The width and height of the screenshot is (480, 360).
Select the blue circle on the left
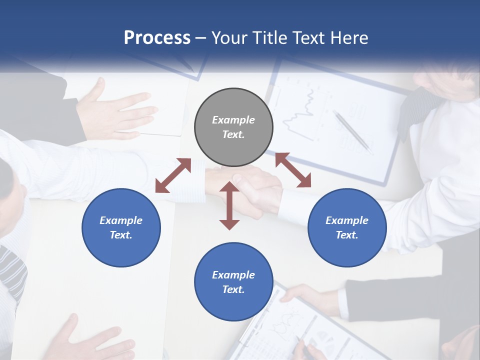[x=121, y=227]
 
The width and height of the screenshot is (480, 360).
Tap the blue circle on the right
[x=347, y=227]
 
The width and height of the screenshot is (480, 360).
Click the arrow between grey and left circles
[x=173, y=175]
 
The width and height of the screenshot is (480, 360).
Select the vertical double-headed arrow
[x=229, y=205]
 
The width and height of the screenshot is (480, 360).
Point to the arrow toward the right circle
[x=293, y=170]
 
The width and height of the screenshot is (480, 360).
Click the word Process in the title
[x=157, y=37]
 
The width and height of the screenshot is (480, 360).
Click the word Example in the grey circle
[x=233, y=120]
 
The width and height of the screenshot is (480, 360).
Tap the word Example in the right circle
[x=347, y=220]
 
